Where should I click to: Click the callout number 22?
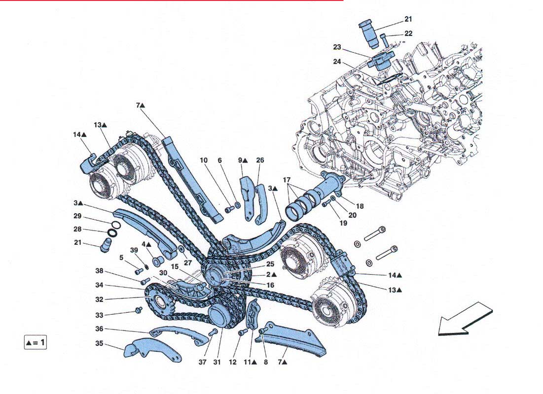408,33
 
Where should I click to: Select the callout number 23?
337,47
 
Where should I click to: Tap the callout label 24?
337,62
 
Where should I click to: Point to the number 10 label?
204,160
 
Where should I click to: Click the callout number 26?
260,160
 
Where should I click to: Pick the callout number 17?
287,180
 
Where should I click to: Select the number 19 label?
343,223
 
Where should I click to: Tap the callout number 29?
77,216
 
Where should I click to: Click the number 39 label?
134,250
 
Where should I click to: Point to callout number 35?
99,344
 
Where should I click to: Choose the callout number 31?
217,362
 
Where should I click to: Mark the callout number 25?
270,264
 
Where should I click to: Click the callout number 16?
270,285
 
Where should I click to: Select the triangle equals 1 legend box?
36,342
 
